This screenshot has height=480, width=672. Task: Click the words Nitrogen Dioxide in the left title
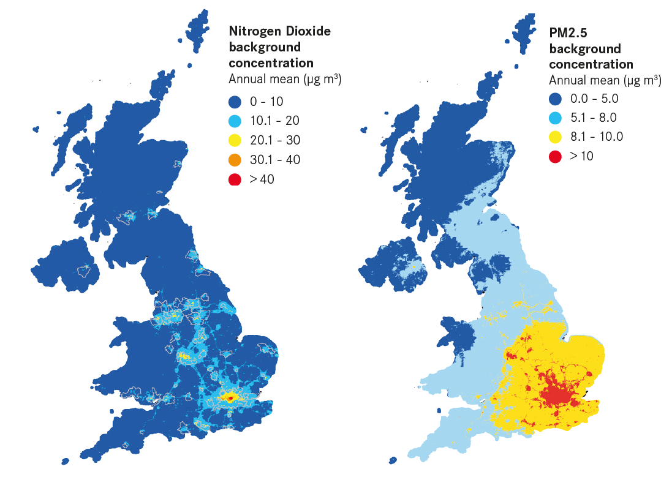coord(279,31)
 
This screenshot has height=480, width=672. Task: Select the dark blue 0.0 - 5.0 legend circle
coord(556,98)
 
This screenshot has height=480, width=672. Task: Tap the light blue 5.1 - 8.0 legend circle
coord(556,118)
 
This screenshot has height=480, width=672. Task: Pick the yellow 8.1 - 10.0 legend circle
coord(556,137)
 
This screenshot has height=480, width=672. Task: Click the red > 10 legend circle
coord(556,156)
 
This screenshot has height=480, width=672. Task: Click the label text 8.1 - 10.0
coord(596,137)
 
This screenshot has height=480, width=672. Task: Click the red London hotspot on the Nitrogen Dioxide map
coord(230,398)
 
